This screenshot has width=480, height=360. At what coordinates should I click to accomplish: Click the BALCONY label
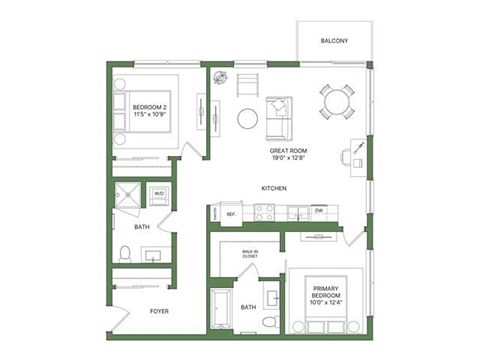point(334,41)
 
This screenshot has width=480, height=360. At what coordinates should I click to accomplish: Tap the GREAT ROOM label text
point(287,153)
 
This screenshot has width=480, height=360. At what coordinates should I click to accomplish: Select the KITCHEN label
point(275,188)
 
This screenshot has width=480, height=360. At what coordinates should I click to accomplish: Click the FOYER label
point(159,311)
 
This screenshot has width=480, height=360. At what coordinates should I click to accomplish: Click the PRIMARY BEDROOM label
point(326,294)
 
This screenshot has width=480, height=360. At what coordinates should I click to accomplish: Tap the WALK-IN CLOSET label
point(250,254)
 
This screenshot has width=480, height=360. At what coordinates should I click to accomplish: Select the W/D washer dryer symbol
point(158,194)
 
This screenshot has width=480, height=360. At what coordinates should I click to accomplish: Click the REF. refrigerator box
point(229,213)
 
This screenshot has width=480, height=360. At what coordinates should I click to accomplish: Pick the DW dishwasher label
point(317,211)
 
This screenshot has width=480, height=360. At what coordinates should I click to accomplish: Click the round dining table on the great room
point(336,100)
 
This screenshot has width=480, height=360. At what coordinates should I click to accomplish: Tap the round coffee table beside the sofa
point(248,119)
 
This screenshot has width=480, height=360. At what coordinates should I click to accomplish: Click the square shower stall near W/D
point(129,198)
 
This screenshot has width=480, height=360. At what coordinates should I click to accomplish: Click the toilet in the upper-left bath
point(125,251)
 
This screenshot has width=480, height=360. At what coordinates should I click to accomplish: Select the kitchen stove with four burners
point(264,212)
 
